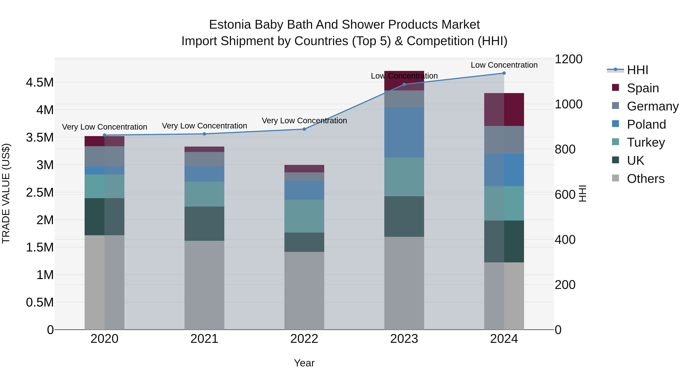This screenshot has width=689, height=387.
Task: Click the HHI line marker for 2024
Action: coord(504,73)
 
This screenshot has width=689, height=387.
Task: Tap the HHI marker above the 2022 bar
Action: coord(304,129)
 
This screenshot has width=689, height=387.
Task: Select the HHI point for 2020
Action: coord(104,135)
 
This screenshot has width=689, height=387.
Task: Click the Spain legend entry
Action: coord(642,88)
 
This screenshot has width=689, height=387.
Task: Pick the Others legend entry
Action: coord(645,179)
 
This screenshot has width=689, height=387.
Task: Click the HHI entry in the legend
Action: coord(637,70)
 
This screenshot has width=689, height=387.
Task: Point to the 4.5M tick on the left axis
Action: coord(40,83)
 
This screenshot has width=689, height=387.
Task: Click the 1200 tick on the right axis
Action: coord(568,59)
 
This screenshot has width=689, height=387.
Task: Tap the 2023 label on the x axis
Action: coord(404,339)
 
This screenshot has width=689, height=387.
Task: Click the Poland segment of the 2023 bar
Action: coord(404,132)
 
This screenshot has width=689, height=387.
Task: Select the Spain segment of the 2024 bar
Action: coord(504,110)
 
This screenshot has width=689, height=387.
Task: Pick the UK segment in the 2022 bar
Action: coord(304,242)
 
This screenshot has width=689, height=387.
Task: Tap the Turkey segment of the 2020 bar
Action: coord(104,186)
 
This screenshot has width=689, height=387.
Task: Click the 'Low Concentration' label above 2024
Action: coord(504,65)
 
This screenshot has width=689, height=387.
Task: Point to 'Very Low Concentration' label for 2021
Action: coord(204,126)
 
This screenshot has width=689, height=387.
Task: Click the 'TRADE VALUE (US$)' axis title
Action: coord(6,193)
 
